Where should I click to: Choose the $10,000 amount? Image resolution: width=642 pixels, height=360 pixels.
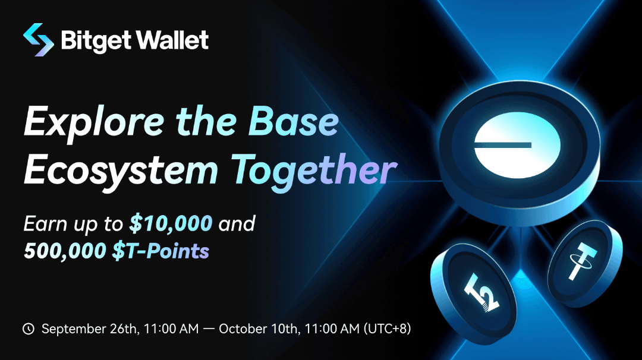coord(171,223)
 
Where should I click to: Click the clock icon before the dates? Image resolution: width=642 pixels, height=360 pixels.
coord(29,329)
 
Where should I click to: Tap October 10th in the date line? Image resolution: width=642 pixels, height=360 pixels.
coord(259,329)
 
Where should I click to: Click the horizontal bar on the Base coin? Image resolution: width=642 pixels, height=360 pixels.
coord(502,144)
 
